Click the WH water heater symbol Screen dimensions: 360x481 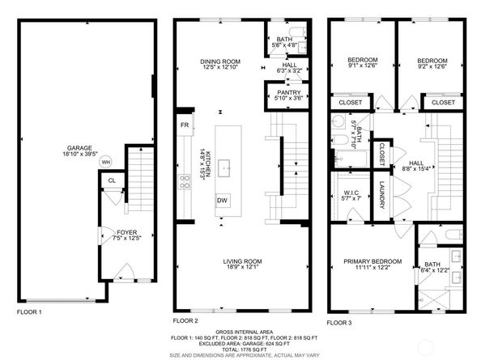point(105,162)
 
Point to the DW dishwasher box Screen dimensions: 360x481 point(221,200)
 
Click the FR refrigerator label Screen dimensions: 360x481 point(185,125)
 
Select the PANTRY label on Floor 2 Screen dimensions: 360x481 point(288,93)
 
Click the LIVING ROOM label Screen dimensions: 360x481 point(243,260)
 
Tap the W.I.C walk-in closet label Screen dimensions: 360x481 point(351,193)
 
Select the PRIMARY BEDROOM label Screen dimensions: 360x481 point(372,260)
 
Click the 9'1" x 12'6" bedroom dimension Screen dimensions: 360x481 point(362,67)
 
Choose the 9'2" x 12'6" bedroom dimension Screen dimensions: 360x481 point(432,67)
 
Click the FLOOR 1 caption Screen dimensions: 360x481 point(29,311)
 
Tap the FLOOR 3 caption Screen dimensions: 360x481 point(339,311)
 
